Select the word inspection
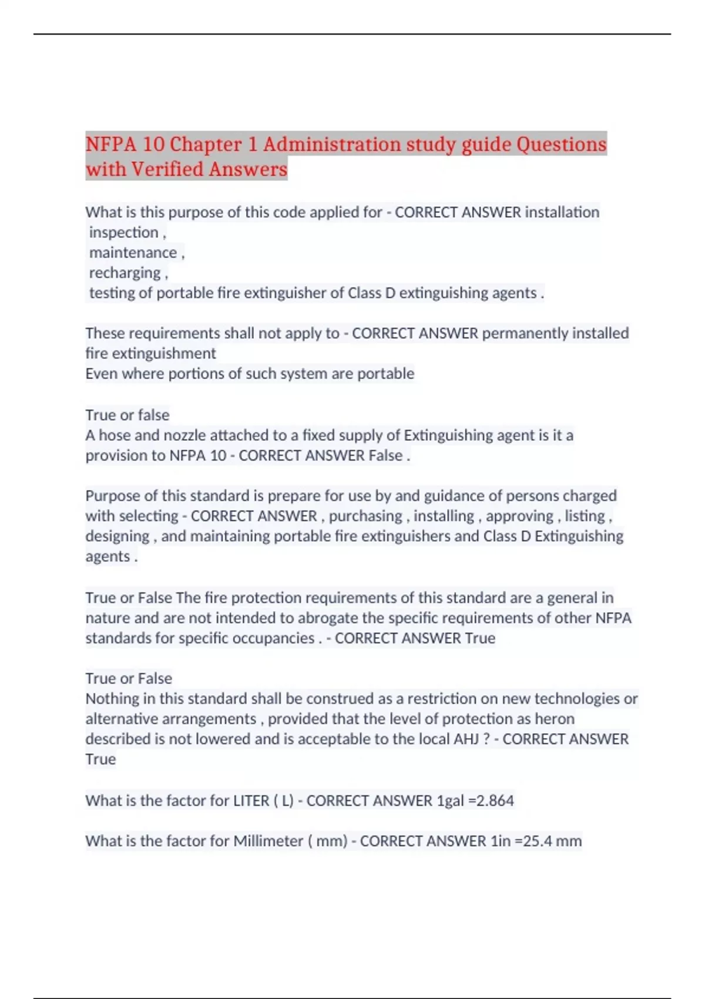tap(123, 233)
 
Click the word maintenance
tap(133, 253)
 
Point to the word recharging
tap(125, 273)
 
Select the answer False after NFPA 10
tap(385, 455)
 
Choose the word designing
tap(117, 537)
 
